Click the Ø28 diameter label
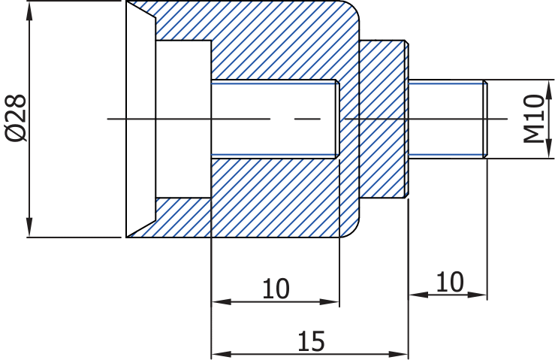click(x=16, y=118)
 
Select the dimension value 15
click(x=310, y=340)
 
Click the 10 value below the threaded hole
click(x=276, y=289)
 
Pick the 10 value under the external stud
click(x=449, y=282)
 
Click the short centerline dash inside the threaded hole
click(x=306, y=119)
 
